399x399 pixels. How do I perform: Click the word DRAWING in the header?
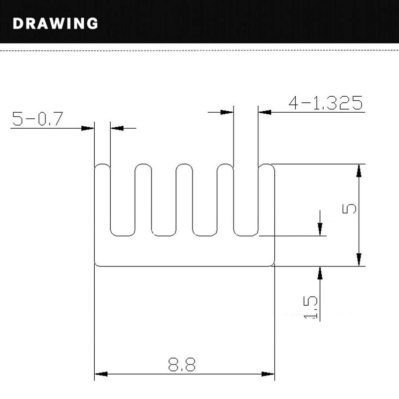pos(55,23)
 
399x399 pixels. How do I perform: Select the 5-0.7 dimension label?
pos(37,119)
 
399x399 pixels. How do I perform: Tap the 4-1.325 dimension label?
pos(326,103)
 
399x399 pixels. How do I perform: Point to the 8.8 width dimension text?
pos(182,365)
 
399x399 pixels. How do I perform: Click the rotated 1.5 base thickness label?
pos(311,307)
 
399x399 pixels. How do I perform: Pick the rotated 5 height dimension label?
pos(349,208)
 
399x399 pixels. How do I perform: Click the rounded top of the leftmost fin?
pos(102,165)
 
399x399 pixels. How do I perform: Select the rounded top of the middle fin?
pos(184,165)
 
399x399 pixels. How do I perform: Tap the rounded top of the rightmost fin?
pos(266,165)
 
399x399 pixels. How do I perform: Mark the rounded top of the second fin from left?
pos(143,165)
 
